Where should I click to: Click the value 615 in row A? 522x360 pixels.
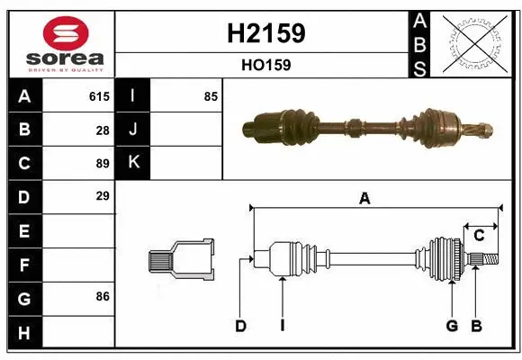tap(98, 96)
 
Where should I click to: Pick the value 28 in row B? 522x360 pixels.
tap(103, 130)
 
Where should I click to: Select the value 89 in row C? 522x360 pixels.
tap(103, 164)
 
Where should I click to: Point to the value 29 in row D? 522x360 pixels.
tap(103, 195)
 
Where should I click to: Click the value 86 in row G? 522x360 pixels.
tap(103, 295)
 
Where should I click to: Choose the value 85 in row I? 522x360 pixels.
tap(211, 96)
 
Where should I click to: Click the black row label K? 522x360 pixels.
tap(133, 163)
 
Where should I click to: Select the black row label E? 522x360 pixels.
tap(23, 231)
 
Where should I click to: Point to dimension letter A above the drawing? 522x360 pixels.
tap(364, 199)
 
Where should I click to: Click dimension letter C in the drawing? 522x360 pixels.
tap(480, 235)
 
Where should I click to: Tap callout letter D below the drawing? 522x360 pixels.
tap(240, 326)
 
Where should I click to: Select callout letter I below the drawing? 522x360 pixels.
tap(282, 326)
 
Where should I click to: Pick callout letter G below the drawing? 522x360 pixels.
tap(452, 326)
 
